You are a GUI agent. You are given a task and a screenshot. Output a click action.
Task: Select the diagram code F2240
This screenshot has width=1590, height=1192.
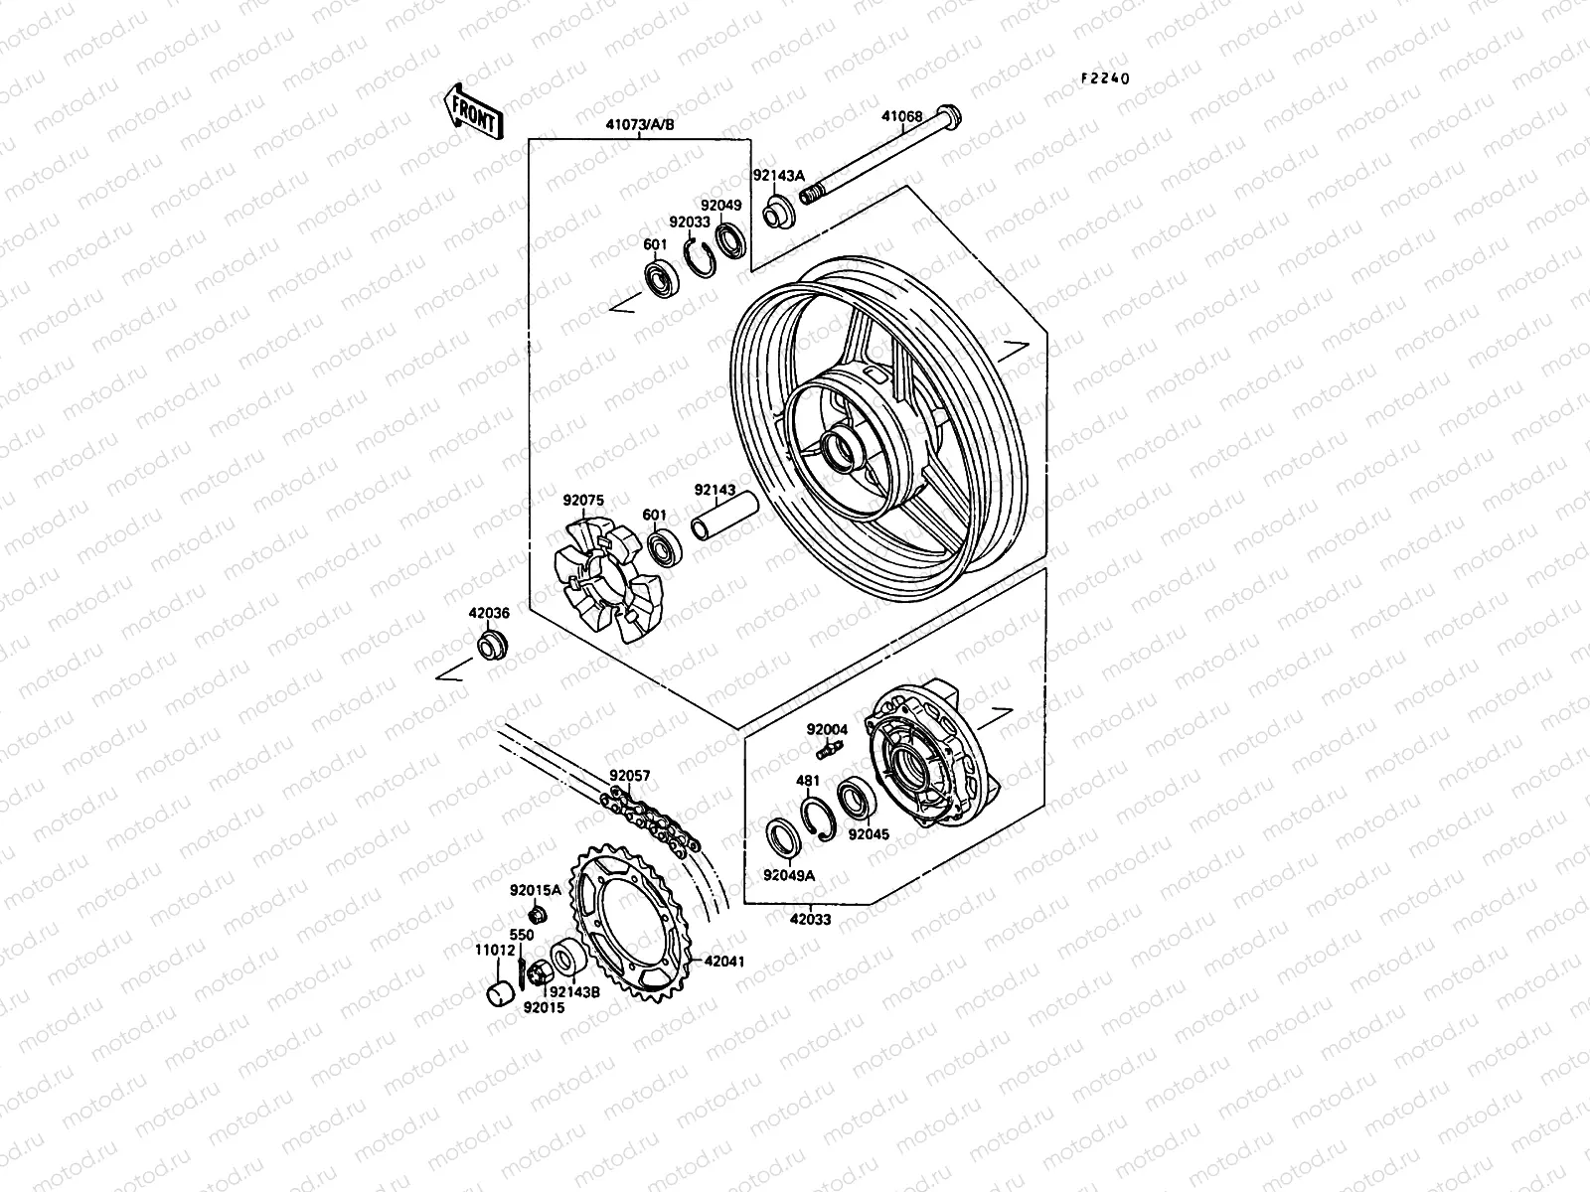click(x=1106, y=79)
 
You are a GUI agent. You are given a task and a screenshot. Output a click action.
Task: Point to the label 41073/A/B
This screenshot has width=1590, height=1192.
click(x=639, y=126)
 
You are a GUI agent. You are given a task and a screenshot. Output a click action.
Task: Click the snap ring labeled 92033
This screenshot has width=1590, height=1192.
click(x=703, y=261)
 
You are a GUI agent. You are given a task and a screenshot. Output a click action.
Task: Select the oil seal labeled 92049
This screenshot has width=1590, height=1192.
click(x=729, y=241)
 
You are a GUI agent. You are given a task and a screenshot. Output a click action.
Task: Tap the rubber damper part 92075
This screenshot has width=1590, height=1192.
click(x=608, y=582)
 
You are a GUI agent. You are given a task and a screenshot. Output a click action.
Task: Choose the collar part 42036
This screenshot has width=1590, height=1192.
click(x=491, y=643)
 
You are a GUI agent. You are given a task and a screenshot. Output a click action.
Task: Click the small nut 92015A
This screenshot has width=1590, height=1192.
click(x=538, y=915)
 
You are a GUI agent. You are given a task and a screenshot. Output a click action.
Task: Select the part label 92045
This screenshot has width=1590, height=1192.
click(x=868, y=834)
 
